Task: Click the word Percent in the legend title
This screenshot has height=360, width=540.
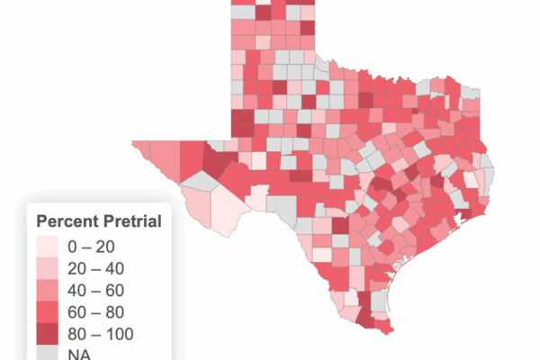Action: (66, 221)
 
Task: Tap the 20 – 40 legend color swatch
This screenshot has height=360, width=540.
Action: (47, 268)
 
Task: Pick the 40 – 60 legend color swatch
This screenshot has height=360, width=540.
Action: (47, 291)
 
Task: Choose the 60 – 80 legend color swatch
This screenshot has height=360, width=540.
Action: (47, 312)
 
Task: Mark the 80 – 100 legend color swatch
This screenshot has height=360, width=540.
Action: (47, 335)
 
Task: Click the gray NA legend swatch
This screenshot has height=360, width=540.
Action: (47, 353)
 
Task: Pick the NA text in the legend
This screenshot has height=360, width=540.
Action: (78, 355)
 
